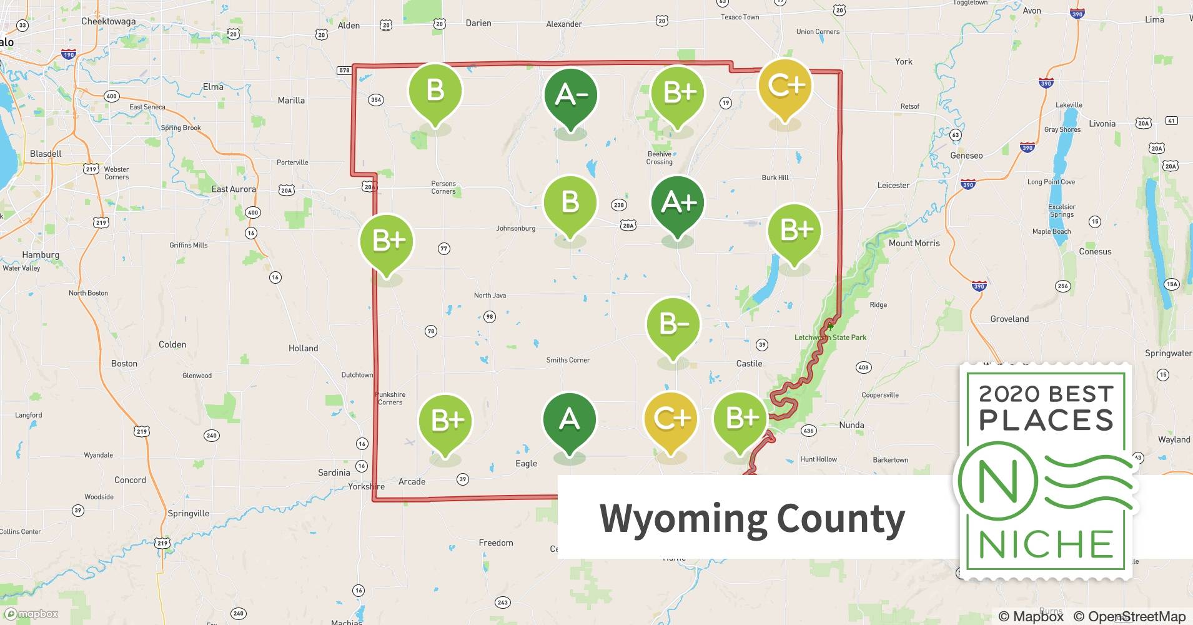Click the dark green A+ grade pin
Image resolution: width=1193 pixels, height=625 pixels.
coord(678,203)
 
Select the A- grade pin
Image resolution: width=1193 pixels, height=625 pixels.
coord(570,95)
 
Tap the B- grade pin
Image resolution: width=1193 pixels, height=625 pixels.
coord(673,324)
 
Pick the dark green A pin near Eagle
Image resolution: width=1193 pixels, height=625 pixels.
coord(569,419)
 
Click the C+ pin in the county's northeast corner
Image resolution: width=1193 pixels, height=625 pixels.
coord(785,86)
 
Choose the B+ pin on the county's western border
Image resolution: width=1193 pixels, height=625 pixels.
coord(387,241)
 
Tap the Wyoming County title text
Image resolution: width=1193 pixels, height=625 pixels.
coord(752,518)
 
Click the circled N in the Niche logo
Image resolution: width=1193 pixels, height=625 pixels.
coord(997,482)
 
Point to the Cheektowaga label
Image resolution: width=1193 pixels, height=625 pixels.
coord(109,21)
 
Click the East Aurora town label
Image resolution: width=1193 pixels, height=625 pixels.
coord(234,189)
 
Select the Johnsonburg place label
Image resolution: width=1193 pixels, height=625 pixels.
coord(515,228)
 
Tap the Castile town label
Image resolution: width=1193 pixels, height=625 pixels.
coord(749,363)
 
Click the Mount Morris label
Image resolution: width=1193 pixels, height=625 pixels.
coord(914,243)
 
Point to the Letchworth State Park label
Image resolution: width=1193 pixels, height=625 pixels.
coord(830,337)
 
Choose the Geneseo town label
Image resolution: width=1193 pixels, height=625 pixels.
coord(966,156)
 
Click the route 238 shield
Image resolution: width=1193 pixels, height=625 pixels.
coord(618,204)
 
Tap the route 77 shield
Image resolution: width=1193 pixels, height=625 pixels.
coord(443,249)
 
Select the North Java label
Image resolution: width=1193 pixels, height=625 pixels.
coord(490,295)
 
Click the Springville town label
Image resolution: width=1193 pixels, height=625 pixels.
coord(188,513)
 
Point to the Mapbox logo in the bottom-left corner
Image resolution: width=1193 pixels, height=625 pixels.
coord(31,614)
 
